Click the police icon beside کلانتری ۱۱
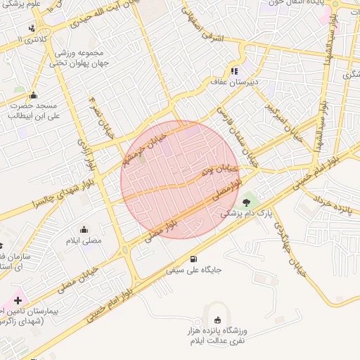click(32, 29)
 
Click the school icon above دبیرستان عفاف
click(235, 71)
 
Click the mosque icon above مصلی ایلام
click(84, 229)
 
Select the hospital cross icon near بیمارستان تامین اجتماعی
click(18, 300)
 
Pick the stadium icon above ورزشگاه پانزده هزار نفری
click(216, 320)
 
